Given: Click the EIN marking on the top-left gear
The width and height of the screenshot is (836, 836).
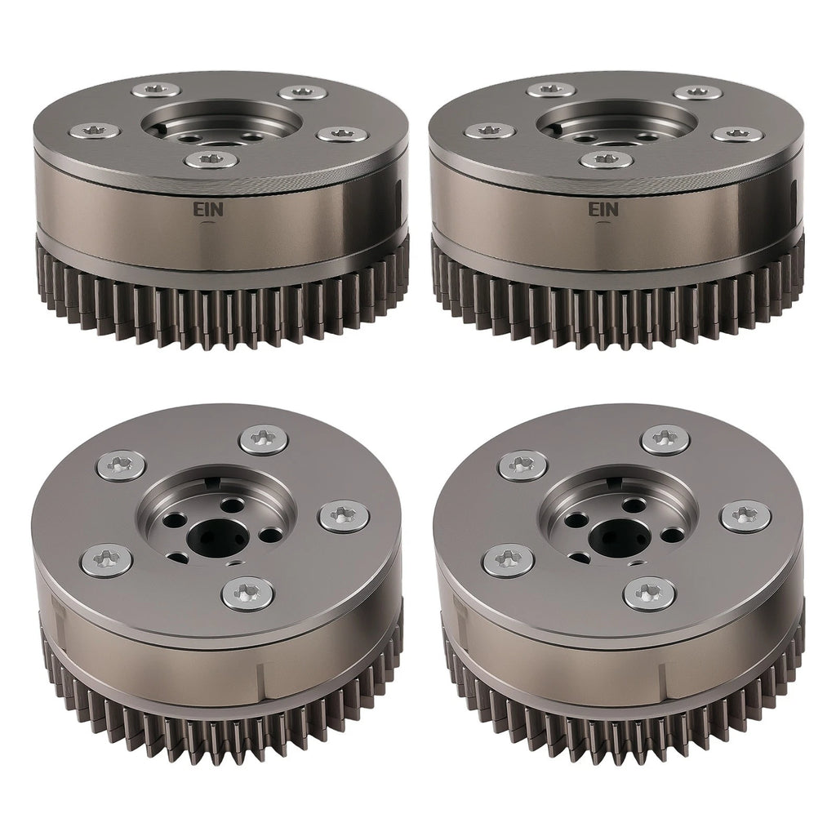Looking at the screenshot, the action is click(209, 209).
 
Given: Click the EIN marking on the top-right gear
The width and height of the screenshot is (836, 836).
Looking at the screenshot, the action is click(603, 210).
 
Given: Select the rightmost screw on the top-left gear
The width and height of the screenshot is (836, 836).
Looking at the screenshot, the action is click(342, 133).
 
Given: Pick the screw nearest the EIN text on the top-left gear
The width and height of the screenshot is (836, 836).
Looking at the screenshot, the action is click(211, 159).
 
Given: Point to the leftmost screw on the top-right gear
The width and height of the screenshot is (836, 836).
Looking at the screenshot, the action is click(490, 130).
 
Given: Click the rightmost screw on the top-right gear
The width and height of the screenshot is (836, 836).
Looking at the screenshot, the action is click(737, 133).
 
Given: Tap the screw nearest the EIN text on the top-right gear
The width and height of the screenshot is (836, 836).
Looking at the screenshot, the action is click(607, 159).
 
